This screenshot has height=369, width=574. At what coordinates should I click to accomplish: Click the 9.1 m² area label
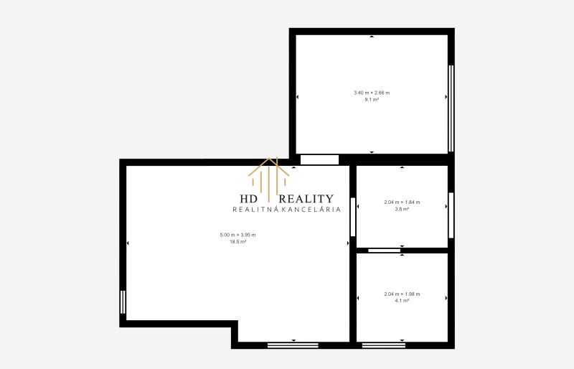(x=372, y=100)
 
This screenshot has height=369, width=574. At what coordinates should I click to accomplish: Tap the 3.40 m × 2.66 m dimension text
(x=372, y=93)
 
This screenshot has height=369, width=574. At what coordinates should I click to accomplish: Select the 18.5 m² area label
(x=238, y=242)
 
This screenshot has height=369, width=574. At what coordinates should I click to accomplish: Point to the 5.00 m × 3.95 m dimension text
(x=238, y=235)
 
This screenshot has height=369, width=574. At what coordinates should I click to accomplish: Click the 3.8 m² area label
(x=402, y=209)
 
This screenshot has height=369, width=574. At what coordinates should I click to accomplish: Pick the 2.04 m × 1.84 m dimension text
(x=402, y=202)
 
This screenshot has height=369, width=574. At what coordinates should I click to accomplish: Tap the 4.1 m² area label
(x=402, y=301)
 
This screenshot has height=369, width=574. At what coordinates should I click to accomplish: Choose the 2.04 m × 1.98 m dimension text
(x=402, y=294)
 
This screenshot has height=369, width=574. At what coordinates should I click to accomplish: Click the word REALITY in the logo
(x=306, y=199)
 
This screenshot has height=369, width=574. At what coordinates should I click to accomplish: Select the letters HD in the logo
(x=249, y=199)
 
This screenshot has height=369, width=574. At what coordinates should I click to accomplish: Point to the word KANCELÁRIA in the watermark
(x=314, y=209)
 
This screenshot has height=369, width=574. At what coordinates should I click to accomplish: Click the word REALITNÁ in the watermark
(x=256, y=209)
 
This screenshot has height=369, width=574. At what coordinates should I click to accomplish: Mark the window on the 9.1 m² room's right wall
(x=451, y=108)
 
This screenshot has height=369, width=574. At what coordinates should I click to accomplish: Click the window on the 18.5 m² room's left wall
(x=123, y=302)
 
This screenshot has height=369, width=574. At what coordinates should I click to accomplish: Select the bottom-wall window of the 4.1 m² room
(x=384, y=345)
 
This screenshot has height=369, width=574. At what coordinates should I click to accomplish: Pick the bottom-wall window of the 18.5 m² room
(x=293, y=345)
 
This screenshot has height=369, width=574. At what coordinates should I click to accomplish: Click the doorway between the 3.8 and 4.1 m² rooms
(x=384, y=251)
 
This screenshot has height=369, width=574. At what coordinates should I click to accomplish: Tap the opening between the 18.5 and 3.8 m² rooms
(x=353, y=217)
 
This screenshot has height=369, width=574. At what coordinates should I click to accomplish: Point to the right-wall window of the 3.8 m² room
(x=451, y=215)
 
